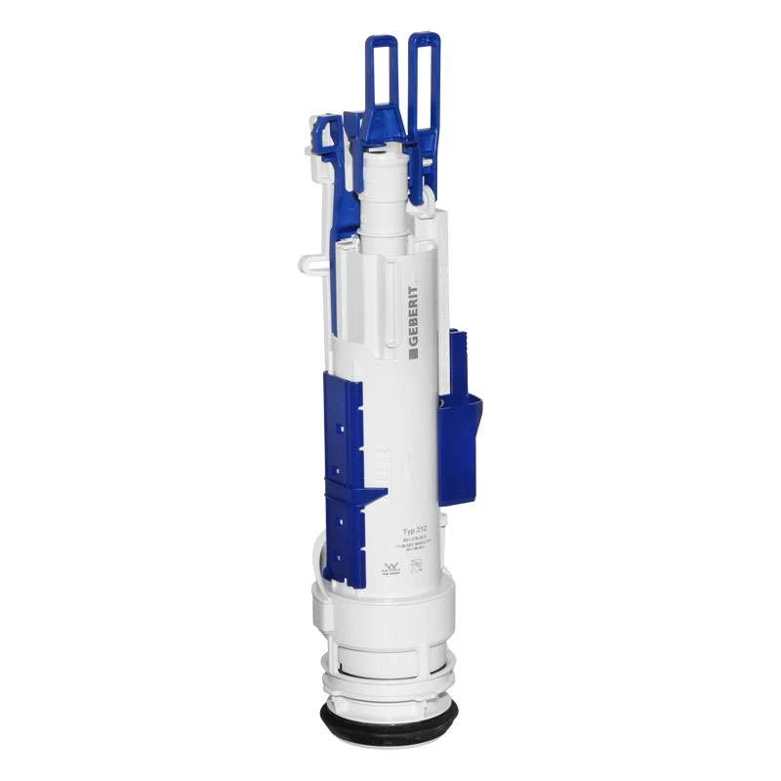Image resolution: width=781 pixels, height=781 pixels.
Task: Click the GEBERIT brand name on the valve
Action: (414, 315)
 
